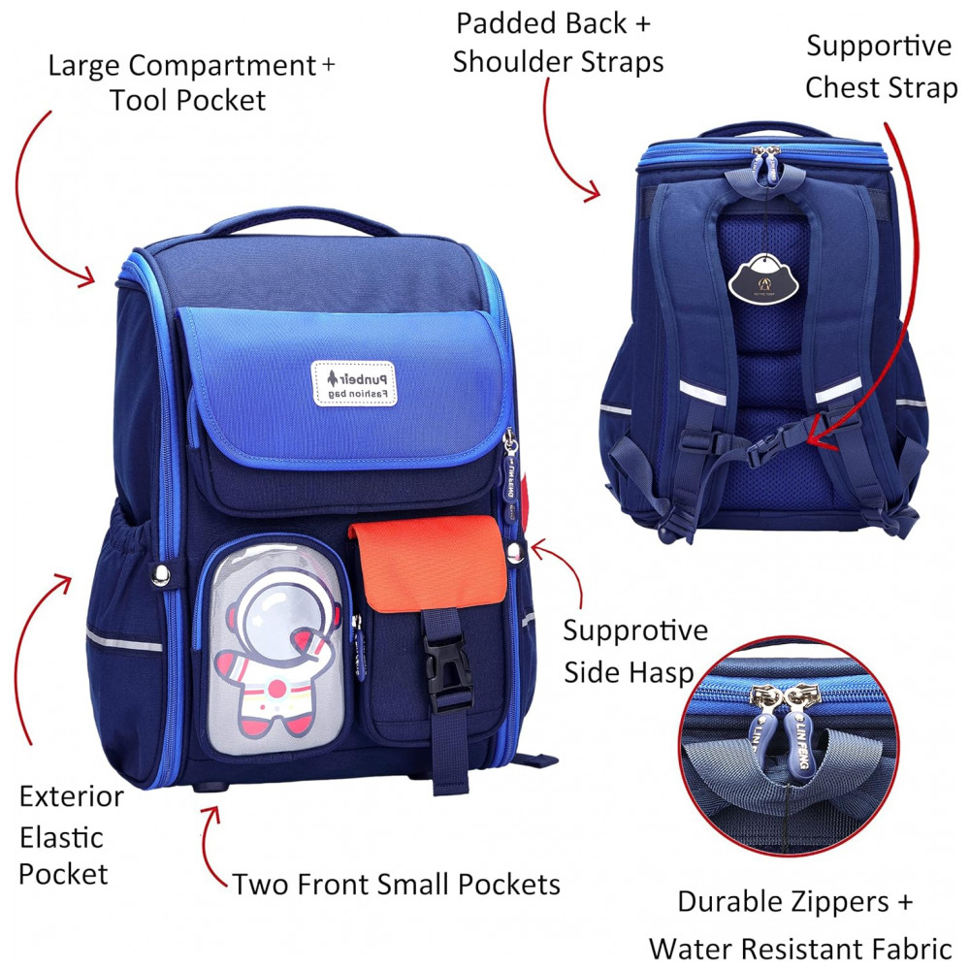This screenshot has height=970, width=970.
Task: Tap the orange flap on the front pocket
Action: pyautogui.click(x=428, y=563)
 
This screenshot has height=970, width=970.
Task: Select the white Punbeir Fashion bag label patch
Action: pyautogui.click(x=354, y=383)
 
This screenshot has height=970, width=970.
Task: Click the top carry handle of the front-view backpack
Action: pyautogui.click(x=300, y=220)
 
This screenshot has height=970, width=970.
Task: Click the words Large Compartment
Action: pyautogui.click(x=182, y=66)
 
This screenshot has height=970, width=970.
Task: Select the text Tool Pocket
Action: pyautogui.click(x=187, y=101)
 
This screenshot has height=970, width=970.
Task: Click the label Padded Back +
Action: pyautogui.click(x=554, y=24)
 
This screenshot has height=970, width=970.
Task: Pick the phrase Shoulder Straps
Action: pyautogui.click(x=558, y=62)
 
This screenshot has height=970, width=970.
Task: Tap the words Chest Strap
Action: pyautogui.click(x=882, y=88)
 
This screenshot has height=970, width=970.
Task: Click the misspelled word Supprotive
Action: pyautogui.click(x=635, y=631)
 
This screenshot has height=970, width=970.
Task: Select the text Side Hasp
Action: pyautogui.click(x=629, y=672)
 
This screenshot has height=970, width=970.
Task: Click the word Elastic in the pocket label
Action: pyautogui.click(x=61, y=838)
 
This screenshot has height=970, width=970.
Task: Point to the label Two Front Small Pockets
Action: pyautogui.click(x=396, y=884)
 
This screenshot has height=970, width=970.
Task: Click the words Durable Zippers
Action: pyautogui.click(x=784, y=901)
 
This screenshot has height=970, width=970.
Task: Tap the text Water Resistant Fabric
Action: pyautogui.click(x=800, y=949)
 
